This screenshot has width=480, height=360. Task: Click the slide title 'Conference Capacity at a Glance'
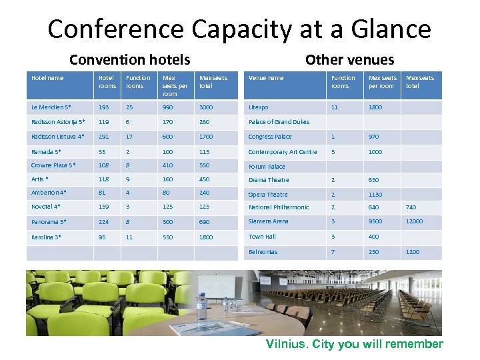coord(239,29)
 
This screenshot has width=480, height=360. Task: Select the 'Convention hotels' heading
coord(129,60)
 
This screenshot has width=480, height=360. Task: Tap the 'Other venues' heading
coord(349,60)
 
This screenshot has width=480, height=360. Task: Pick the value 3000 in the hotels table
coord(206,107)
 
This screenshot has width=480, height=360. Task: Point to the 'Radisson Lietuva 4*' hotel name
coord(58,137)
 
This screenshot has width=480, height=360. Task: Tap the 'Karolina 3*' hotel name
coord(47,237)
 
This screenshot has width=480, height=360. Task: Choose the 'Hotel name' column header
coord(47,78)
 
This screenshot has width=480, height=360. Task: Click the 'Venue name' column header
coord(266,78)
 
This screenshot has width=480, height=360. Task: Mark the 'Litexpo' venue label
coord(258,107)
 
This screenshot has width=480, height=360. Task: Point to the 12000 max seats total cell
coord(414,221)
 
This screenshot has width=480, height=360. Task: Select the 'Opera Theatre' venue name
coord(268,195)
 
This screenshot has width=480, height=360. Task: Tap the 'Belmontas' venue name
coord(263,252)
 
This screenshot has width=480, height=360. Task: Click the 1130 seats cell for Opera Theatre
coord(375,195)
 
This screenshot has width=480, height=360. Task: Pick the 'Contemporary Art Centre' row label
coord(283,152)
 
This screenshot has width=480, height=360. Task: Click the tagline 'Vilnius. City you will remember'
coord(354,344)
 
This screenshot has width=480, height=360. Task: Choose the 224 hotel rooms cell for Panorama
coord(104,221)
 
